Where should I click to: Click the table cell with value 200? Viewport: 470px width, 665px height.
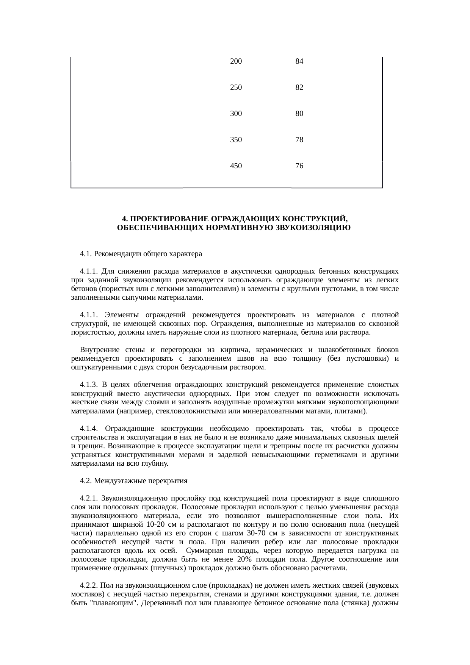pos(236,61)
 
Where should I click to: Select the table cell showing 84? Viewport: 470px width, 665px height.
pos(299,61)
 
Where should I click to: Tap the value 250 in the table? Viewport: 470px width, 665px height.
pos(236,88)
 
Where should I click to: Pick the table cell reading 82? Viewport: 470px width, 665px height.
pos(299,88)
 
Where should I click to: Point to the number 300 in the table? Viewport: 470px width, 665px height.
pos(236,114)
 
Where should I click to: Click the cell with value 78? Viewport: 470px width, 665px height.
pos(299,140)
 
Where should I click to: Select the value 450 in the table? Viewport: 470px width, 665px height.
pos(236,166)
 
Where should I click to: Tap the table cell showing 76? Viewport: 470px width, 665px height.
pos(299,166)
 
